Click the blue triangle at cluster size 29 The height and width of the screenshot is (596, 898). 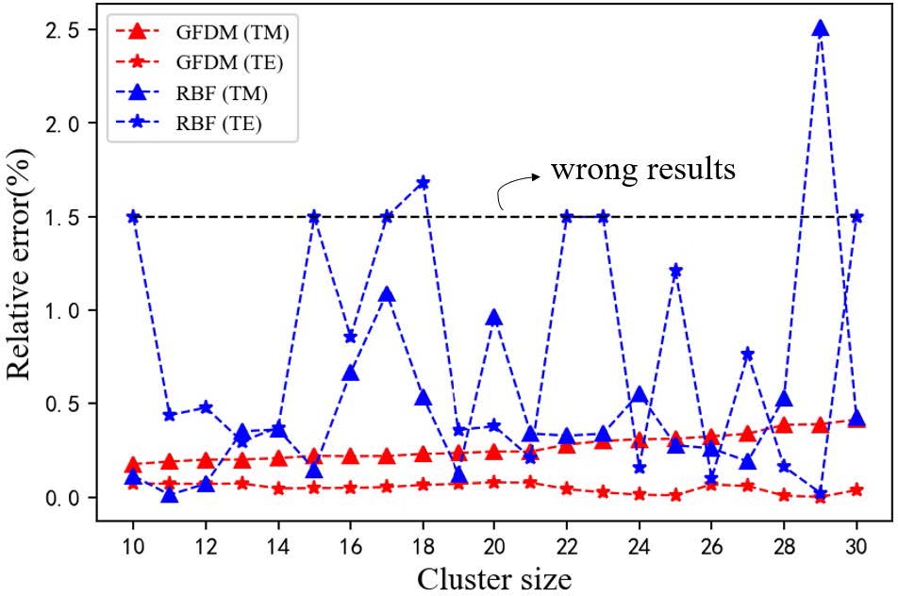point(820,28)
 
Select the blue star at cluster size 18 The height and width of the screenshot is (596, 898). point(423,182)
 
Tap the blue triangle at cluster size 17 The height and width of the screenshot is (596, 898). point(387,295)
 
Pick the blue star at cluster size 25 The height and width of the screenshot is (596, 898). point(675,271)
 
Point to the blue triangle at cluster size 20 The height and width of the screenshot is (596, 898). point(494,317)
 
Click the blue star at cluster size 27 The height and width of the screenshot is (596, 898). point(747,354)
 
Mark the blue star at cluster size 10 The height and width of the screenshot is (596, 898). point(133,216)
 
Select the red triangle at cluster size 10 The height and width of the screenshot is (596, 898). point(133,465)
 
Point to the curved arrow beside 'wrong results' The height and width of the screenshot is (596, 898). point(515,185)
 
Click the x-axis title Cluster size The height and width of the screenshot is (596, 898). point(494,577)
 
